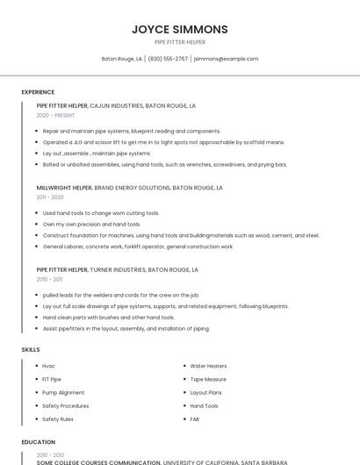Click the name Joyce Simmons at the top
pos(180,29)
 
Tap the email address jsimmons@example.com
pos(226,59)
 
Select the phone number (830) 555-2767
pos(168,59)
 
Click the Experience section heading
pos(38,92)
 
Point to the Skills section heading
pos(31,350)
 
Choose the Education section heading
pos(38,442)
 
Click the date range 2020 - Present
pos(55,115)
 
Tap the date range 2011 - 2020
pos(50,197)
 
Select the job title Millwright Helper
pos(63,188)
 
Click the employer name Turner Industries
pos(119,270)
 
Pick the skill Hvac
pos(48,366)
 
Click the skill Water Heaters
pos(208,366)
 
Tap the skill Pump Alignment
pos(63,393)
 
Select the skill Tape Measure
pos(208,380)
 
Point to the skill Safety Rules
pos(58,419)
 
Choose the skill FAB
pos(195,419)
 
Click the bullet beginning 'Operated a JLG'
pos(163,141)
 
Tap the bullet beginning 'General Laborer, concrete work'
pos(138,247)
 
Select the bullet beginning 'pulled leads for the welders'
pos(121,295)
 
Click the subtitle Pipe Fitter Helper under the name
pos(180,42)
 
